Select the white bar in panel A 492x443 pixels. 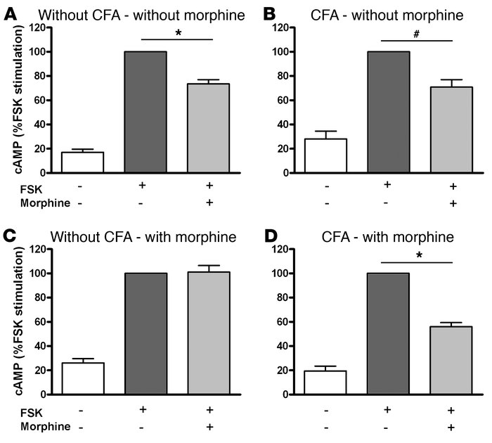[82, 162]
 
